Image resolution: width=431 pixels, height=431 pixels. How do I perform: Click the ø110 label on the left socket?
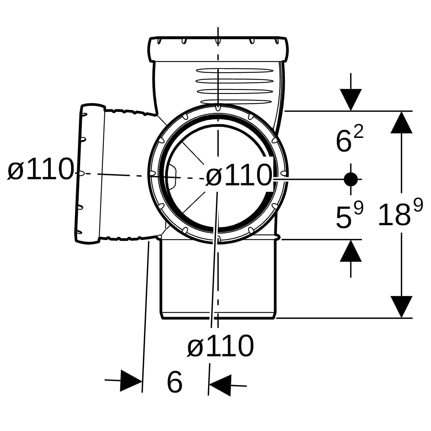pos(41,168)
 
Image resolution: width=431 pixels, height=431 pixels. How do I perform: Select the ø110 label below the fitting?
pos(221,346)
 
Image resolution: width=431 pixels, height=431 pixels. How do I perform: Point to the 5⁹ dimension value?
pos(349,214)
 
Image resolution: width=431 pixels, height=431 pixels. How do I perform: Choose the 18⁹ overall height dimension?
pos(400,211)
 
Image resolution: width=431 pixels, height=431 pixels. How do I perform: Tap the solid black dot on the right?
pos(351,179)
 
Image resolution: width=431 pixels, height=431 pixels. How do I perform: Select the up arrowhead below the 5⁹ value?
pos(351,250)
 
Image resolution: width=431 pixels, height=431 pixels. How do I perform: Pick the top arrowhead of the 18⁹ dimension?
pos(402,122)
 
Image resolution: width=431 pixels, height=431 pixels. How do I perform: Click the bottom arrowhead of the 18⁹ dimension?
pos(402,307)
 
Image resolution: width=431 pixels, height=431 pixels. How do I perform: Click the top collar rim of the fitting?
pos(218,49)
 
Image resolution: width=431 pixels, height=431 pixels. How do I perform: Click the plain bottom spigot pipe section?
pos(218,279)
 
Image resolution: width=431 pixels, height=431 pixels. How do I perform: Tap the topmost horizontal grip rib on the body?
pos(235,71)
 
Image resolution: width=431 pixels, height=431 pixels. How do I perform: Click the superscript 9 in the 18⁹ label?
pos(418,205)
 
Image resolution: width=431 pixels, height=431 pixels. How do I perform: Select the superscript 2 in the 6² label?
pos(358,131)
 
